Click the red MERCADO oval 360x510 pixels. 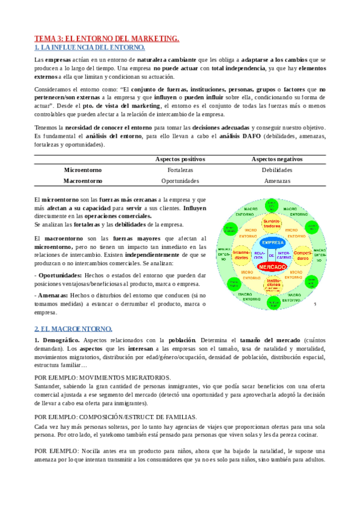pos(274,265)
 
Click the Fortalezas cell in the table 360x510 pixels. pos(180,170)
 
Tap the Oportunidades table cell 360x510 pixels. pos(180,180)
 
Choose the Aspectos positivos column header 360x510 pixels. pos(180,159)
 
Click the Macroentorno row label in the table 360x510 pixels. pos(83,180)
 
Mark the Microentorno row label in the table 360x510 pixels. pos(83,170)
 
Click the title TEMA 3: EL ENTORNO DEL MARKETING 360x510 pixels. pos(106,38)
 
